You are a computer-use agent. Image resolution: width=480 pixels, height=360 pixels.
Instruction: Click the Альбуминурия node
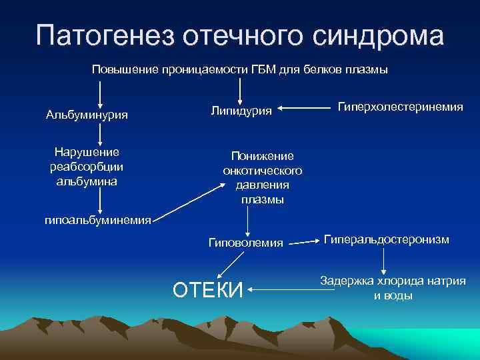87,115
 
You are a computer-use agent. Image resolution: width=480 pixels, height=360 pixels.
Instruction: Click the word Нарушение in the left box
87,152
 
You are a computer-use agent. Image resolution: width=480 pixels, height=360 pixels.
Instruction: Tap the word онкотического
262,171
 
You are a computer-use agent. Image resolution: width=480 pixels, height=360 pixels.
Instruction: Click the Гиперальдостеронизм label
387,239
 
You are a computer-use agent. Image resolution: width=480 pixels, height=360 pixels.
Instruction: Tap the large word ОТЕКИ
207,291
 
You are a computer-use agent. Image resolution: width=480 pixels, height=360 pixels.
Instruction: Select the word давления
262,185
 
